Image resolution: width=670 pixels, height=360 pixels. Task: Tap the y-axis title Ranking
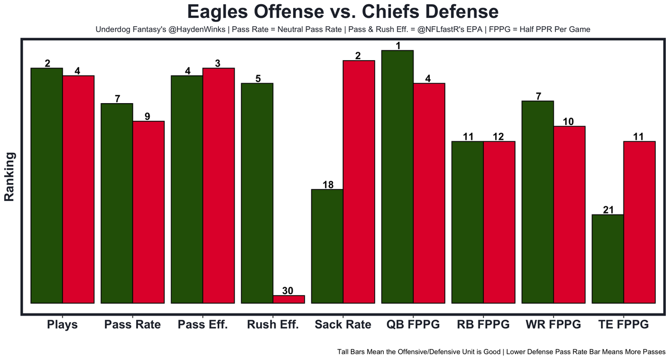pyautogui.click(x=9, y=176)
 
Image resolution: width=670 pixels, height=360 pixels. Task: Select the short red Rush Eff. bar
pyautogui.click(x=288, y=299)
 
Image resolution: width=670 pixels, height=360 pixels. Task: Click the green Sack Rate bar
pyautogui.click(x=327, y=246)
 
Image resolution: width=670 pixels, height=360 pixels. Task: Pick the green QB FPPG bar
pyautogui.click(x=397, y=176)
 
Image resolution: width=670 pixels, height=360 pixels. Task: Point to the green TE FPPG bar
pyautogui.click(x=608, y=258)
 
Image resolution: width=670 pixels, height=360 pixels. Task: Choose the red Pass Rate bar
pyautogui.click(x=148, y=212)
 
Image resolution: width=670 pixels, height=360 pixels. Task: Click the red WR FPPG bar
pyautogui.click(x=569, y=215)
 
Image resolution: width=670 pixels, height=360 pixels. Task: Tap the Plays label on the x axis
pyautogui.click(x=62, y=324)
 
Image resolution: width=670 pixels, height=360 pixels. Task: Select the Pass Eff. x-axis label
pyautogui.click(x=203, y=324)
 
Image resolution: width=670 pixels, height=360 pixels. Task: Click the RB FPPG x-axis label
pyautogui.click(x=483, y=324)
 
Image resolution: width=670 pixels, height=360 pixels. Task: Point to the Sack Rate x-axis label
pyautogui.click(x=343, y=324)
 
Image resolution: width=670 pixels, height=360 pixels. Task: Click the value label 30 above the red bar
pyautogui.click(x=288, y=291)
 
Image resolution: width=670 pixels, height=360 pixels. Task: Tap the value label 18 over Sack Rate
pyautogui.click(x=327, y=184)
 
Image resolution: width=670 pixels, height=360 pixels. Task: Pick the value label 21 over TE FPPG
pyautogui.click(x=608, y=210)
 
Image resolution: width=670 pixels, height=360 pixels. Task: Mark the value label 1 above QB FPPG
pyautogui.click(x=398, y=46)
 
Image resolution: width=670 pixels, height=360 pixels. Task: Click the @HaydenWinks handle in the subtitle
pyautogui.click(x=196, y=30)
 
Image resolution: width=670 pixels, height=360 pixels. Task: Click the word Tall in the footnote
pyautogui.click(x=345, y=352)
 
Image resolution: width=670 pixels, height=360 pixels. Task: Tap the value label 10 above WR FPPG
pyautogui.click(x=568, y=121)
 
